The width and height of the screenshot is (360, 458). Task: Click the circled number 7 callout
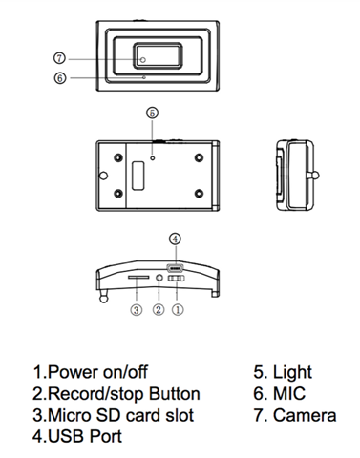tap(59, 58)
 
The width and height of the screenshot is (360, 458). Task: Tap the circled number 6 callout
tap(60, 78)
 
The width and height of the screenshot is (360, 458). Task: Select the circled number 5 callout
tap(152, 113)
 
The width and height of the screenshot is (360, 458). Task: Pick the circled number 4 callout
tap(175, 239)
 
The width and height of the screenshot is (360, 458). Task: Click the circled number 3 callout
tap(136, 309)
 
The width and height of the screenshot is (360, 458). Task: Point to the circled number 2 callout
tap(159, 309)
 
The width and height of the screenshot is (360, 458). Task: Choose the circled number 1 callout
tap(178, 309)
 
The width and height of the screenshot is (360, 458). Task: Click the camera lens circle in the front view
tap(143, 60)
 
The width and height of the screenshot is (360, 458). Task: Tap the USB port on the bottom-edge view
tap(175, 268)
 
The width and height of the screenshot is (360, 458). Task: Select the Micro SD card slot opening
tap(138, 278)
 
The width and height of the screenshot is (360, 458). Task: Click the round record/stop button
tap(159, 278)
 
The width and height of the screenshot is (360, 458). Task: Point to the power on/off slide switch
tap(177, 278)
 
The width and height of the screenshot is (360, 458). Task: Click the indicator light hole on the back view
tap(153, 157)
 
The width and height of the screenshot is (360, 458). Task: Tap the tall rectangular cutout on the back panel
tap(138, 176)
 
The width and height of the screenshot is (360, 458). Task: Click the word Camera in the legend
tap(305, 415)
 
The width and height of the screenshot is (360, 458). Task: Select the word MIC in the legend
tap(289, 394)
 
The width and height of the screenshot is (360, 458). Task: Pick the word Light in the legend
tap(292, 373)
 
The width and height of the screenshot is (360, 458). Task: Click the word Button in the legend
tap(175, 394)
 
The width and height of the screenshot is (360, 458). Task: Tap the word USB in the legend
tap(66, 436)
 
